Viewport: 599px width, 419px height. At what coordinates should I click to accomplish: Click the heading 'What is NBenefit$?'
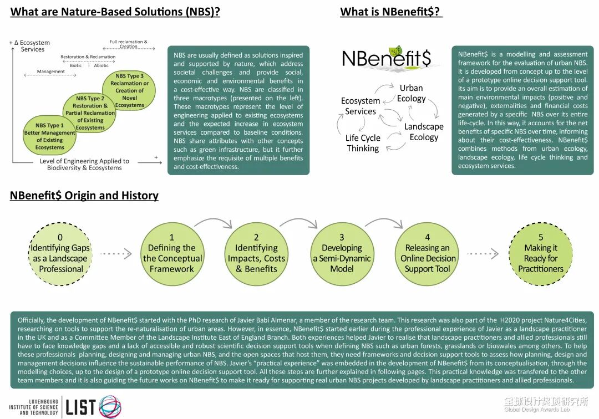(391, 12)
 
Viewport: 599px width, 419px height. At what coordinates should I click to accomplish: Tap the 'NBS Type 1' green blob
(50, 136)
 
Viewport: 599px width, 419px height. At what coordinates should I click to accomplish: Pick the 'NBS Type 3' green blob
(130, 90)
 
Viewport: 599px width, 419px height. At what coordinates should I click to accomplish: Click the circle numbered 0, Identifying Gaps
(60, 253)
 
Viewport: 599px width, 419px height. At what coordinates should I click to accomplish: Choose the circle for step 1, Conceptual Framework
(172, 253)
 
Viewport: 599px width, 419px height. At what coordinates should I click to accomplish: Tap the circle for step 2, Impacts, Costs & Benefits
(256, 253)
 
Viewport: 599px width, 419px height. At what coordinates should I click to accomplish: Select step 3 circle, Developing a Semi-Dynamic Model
(342, 253)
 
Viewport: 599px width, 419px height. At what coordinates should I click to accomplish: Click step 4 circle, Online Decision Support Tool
(428, 253)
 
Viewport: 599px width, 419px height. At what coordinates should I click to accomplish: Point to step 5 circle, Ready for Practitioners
(541, 253)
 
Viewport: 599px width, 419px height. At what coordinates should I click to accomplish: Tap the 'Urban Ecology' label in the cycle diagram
(411, 93)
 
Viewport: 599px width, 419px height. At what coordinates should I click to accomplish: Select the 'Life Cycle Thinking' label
(363, 143)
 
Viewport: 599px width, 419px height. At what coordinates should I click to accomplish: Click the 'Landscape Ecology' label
(424, 132)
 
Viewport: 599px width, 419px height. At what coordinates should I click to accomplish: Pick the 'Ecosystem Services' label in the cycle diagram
(361, 106)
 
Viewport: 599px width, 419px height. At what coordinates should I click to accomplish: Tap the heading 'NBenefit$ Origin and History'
(84, 196)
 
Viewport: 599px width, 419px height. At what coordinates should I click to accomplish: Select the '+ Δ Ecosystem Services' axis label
(31, 46)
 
